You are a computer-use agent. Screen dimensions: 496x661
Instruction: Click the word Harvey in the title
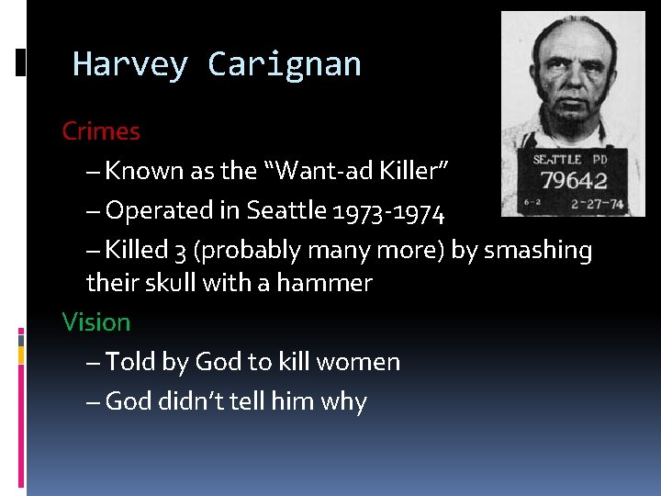coord(129,64)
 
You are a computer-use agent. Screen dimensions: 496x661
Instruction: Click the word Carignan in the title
coord(285,64)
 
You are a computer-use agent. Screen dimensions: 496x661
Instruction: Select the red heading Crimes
coord(101,131)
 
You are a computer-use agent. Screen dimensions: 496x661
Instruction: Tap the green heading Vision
coord(96,322)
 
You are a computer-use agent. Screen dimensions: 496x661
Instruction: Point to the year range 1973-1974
coord(390,211)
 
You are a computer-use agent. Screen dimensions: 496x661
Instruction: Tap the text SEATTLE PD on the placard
coord(570,160)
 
